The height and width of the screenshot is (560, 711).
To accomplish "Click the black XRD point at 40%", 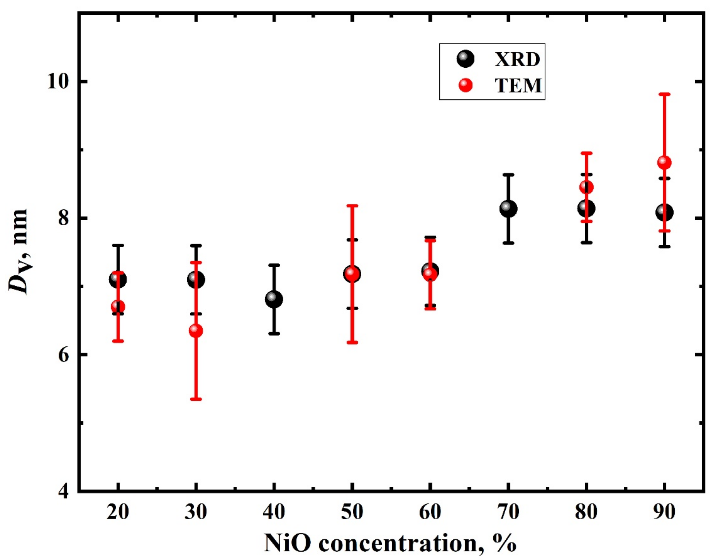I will (274, 299).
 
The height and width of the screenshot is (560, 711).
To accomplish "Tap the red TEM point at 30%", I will (196, 331).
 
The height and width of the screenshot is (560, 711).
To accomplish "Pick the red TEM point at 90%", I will (664, 162).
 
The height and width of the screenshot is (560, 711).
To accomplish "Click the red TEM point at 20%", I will (118, 307).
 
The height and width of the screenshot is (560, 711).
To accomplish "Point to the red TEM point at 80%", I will (586, 187).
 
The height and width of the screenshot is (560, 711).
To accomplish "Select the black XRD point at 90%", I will (664, 212).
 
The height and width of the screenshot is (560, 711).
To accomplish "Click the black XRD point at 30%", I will (196, 279).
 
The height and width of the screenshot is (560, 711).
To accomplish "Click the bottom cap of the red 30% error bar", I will (196, 399).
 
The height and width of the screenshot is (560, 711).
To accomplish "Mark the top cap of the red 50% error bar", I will (352, 206).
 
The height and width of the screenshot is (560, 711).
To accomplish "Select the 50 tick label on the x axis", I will (352, 512).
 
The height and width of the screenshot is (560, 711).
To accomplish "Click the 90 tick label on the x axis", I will (664, 512).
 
